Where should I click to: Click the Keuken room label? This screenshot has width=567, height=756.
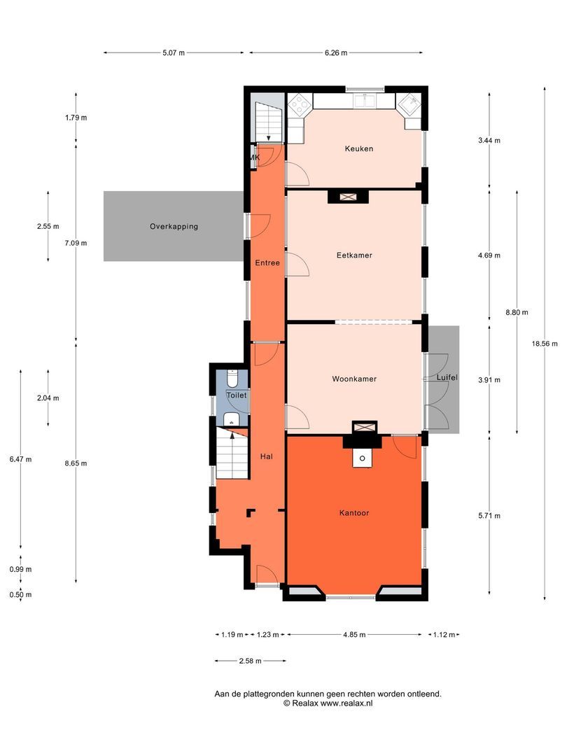coord(358,148)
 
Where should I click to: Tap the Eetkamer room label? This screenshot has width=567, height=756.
coord(354,255)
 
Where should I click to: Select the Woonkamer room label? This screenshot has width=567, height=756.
coord(354,379)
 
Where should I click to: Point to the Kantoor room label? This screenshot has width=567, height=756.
coord(354,513)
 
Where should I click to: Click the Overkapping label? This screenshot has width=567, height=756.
coord(174,227)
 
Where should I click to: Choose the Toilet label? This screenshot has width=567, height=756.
coord(237,395)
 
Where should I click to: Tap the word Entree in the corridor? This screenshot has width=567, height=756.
coord(267,263)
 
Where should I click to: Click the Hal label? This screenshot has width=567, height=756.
coord(266,456)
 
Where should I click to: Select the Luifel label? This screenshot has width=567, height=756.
coord(447,378)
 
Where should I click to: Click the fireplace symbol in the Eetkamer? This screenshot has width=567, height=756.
coord(347,197)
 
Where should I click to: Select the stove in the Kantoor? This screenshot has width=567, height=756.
coord(362,459)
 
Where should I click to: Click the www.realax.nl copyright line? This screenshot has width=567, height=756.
coord(328,703)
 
